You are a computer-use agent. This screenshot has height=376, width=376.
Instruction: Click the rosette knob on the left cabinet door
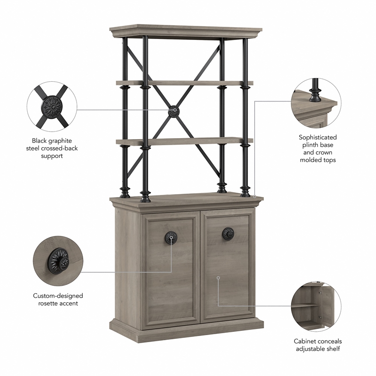point(171,237)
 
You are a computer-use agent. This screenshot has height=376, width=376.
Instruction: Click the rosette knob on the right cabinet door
point(228,233)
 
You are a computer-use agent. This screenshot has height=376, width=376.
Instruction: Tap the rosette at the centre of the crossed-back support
point(173,111)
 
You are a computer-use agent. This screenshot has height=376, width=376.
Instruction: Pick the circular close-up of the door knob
point(58,260)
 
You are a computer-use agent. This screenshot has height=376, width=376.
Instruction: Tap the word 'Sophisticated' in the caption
point(318,137)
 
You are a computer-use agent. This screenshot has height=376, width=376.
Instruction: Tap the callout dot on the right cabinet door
point(218,278)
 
